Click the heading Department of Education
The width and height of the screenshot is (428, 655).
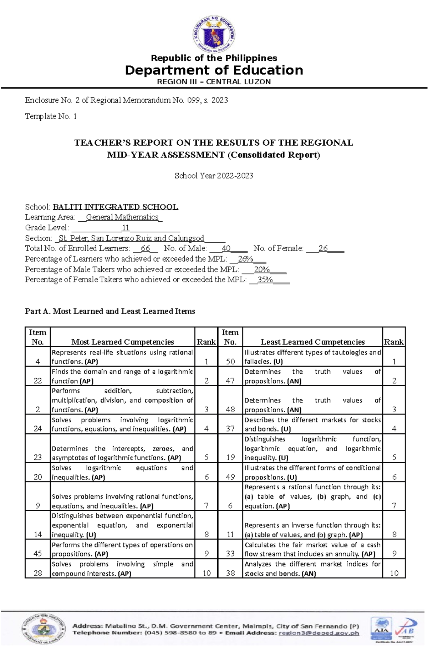coord(214,70)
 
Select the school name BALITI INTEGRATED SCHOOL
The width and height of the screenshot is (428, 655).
coord(115,207)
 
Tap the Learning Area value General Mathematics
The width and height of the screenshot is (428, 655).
coord(122,217)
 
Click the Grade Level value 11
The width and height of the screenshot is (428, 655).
coord(125,228)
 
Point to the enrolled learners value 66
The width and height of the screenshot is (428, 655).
coord(145,248)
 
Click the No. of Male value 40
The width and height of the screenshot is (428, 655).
coord(226,248)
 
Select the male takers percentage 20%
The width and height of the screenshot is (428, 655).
coord(262,269)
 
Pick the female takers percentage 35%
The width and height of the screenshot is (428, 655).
coord(265,280)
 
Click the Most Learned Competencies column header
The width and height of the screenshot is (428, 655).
coord(122,342)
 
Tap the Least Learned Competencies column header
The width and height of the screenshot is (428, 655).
coord(312,342)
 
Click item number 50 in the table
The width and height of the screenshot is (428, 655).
coord(230,361)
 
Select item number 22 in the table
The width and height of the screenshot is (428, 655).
coord(37,381)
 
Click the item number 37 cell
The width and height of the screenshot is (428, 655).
coord(230,428)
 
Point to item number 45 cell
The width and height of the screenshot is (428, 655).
coord(37,553)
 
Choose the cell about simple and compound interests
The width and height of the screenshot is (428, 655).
coord(122,569)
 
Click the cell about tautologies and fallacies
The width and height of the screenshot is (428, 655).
coord(312,357)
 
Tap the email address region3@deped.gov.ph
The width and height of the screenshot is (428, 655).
coord(319,633)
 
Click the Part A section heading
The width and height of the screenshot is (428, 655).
coord(110,311)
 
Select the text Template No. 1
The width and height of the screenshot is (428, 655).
coord(51,116)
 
